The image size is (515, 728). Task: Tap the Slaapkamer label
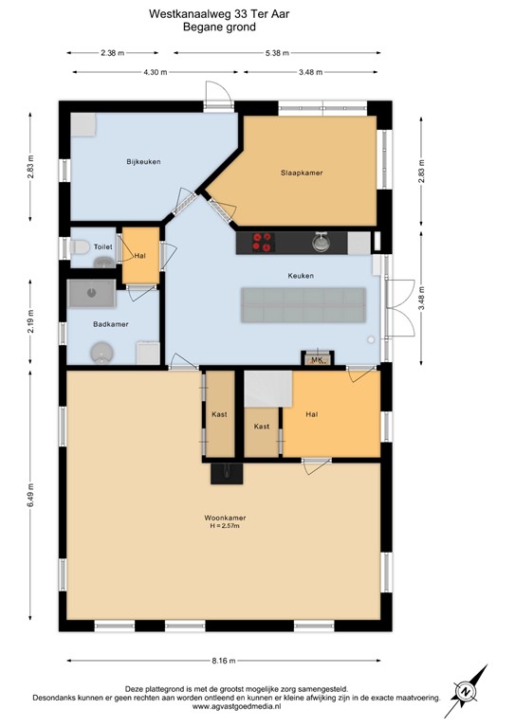[x=302, y=173]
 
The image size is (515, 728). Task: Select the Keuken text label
[x=301, y=276]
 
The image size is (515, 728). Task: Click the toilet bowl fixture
[x=81, y=246]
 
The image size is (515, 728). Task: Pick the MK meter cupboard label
[x=317, y=360]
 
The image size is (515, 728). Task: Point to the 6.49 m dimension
[x=31, y=500]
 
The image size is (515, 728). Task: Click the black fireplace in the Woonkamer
[x=226, y=472]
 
